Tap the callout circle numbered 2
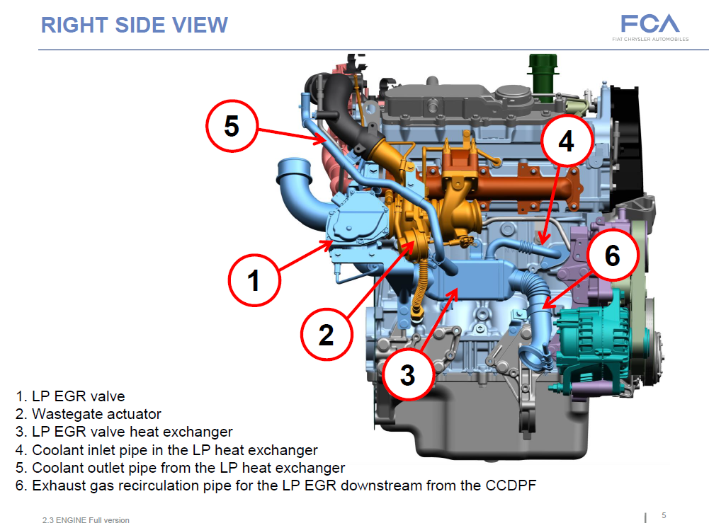pyautogui.click(x=326, y=334)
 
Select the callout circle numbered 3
pyautogui.click(x=407, y=375)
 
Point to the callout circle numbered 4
pyautogui.click(x=566, y=142)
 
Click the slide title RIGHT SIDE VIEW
pyautogui.click(x=135, y=25)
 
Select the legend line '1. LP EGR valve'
pyautogui.click(x=70, y=396)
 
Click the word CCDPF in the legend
pyautogui.click(x=510, y=485)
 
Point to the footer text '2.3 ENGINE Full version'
pyautogui.click(x=86, y=520)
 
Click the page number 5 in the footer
pyautogui.click(x=664, y=515)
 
